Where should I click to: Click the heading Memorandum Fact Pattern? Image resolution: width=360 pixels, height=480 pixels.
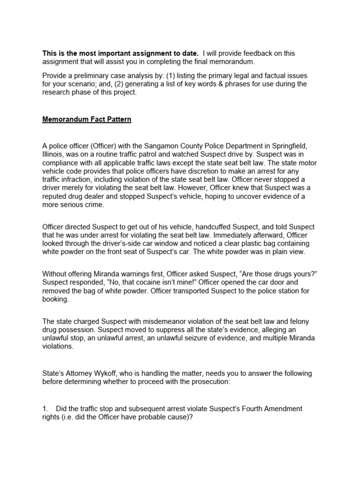click(87, 120)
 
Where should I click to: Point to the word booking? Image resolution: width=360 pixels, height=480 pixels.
click(55, 300)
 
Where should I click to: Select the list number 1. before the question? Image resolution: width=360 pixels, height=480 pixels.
click(45, 409)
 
